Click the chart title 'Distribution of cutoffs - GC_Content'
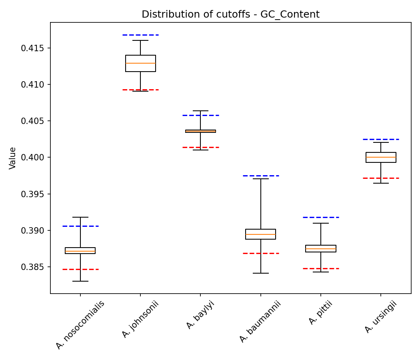[x=230, y=14]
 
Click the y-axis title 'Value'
[x=13, y=158]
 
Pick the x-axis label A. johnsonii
[x=141, y=319]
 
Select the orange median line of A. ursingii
[x=381, y=157]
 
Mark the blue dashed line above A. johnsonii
[x=140, y=35]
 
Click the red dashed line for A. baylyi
[x=200, y=147]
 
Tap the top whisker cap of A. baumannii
[x=260, y=179]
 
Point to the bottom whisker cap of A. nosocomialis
[x=80, y=281]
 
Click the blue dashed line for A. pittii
[x=321, y=217]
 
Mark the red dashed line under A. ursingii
[x=381, y=178]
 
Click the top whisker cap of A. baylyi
[x=200, y=111]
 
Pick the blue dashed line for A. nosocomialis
[x=80, y=226]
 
